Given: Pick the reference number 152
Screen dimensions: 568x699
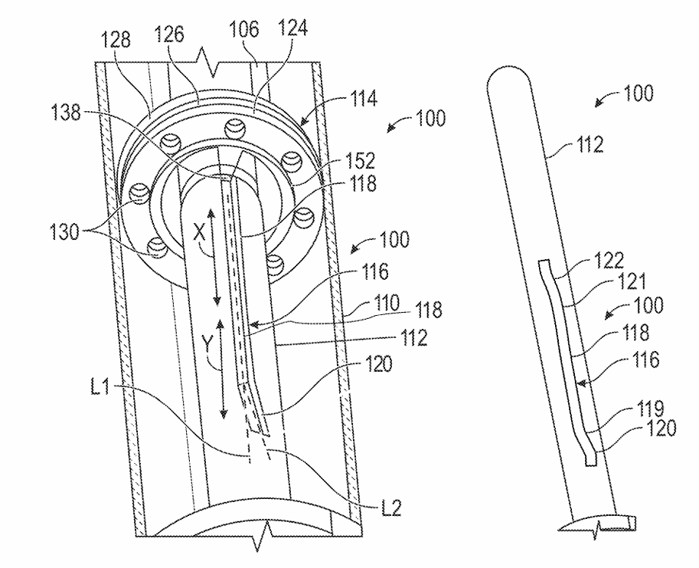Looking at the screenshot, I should point(360,161).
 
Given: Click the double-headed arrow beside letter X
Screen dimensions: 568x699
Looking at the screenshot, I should point(217,259).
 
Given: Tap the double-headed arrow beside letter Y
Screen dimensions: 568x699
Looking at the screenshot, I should point(222,369).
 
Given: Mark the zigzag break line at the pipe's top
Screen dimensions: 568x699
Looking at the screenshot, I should point(204,56).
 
